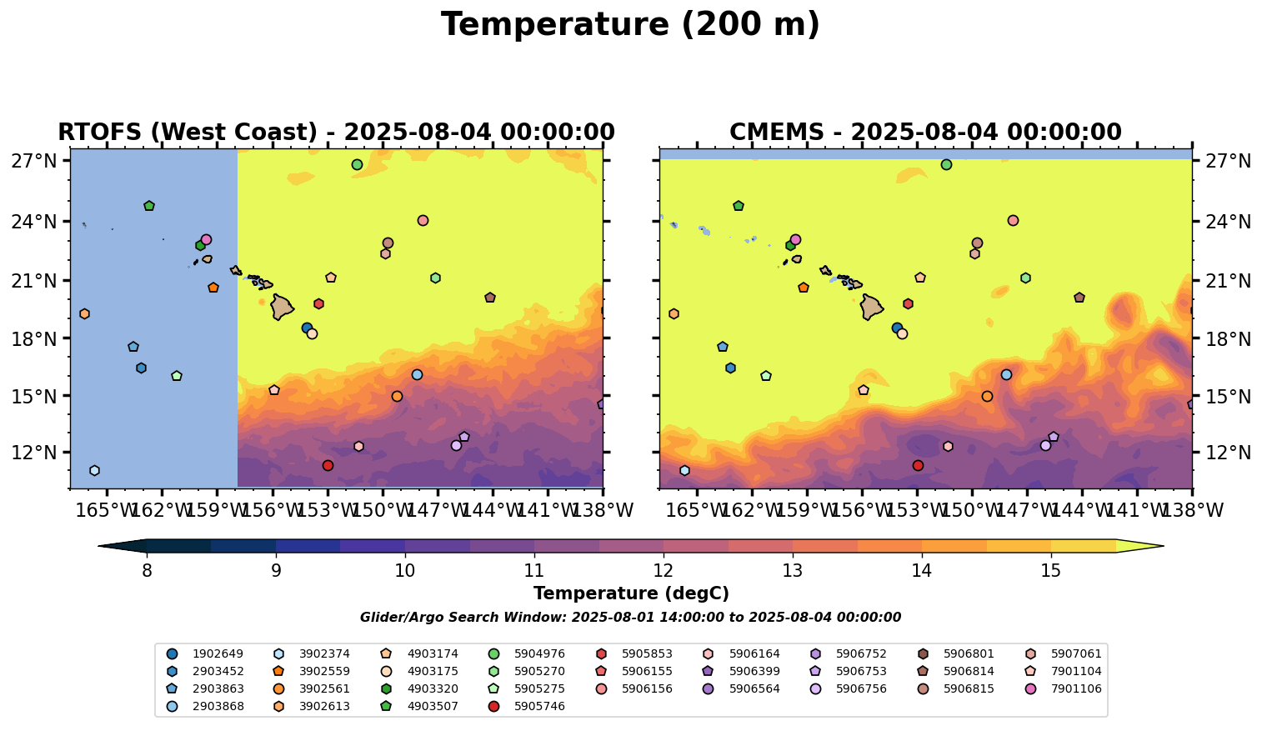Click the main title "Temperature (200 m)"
(x=630, y=25)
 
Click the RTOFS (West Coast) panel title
(x=336, y=133)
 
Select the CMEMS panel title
(x=925, y=133)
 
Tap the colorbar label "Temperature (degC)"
(x=631, y=593)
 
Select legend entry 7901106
(x=1075, y=688)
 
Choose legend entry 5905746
(x=538, y=706)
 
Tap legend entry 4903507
(x=431, y=706)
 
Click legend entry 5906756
(x=862, y=688)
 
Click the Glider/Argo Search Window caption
(x=630, y=618)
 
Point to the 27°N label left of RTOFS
(x=33, y=161)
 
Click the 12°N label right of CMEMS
(x=1229, y=453)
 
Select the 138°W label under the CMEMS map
(x=1190, y=510)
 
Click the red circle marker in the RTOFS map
(x=328, y=465)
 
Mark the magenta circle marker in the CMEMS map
(x=795, y=239)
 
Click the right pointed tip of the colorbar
(x=1162, y=547)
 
